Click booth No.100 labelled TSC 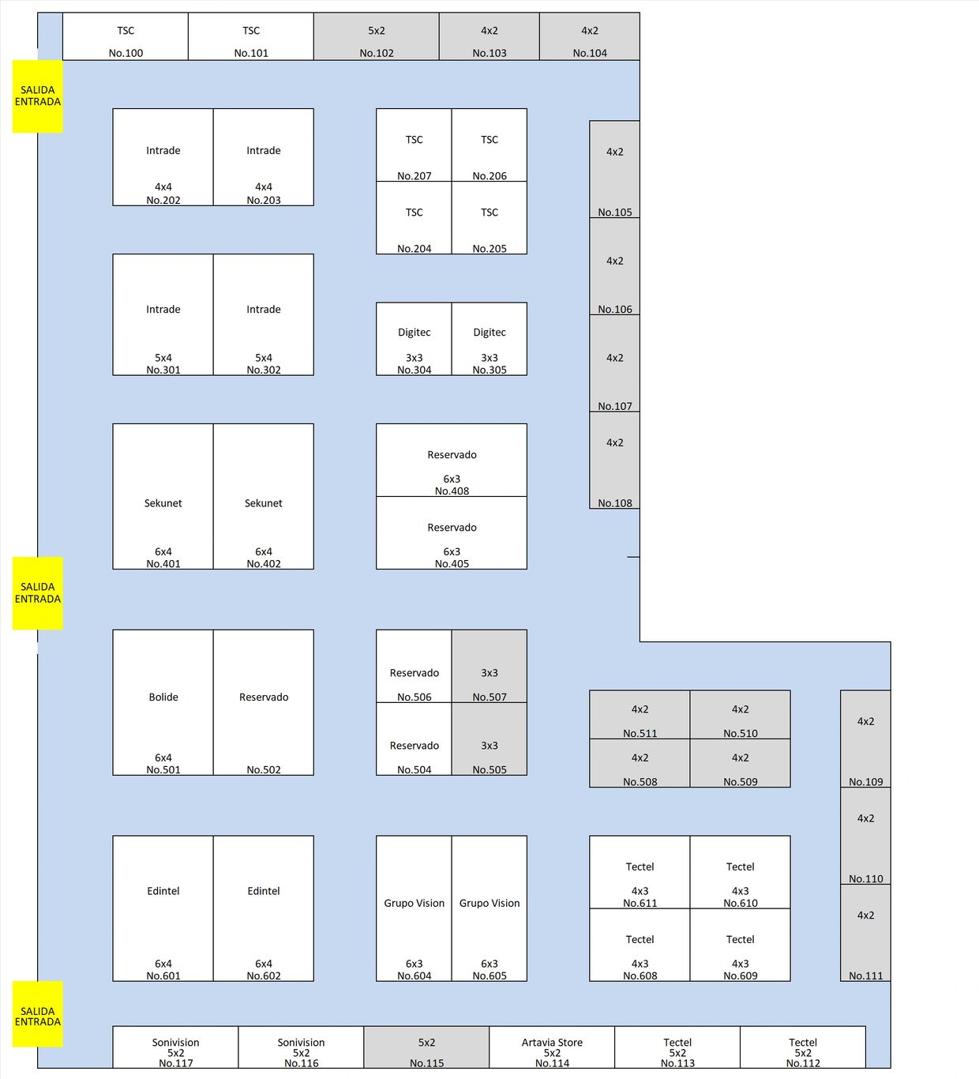point(126,37)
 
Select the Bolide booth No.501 point(163,702)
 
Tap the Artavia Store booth point(552,1047)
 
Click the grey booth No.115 point(426,1047)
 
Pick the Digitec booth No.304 point(414,339)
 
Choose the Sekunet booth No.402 point(264,496)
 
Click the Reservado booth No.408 point(452,460)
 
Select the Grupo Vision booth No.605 point(489,908)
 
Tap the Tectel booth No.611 point(640,872)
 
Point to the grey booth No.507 point(489,666)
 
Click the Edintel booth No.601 point(163,908)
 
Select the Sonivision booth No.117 point(175,1047)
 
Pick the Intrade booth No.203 point(264,157)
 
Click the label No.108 point(615,503)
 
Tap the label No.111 point(866,976)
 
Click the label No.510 point(741,734)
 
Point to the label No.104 point(590,53)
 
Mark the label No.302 point(264,370)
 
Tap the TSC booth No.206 point(489,145)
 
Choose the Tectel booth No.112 point(803,1047)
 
